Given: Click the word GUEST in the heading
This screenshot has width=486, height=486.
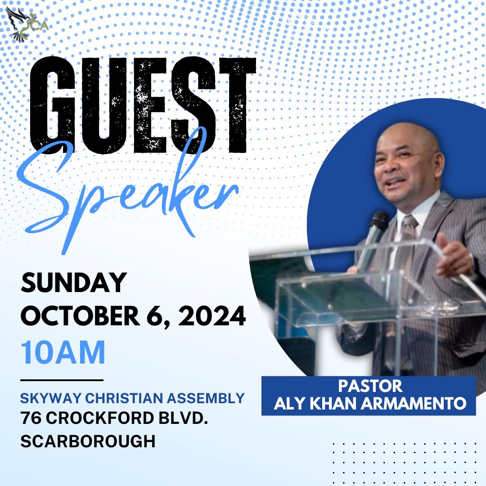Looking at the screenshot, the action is pyautogui.click(x=143, y=105).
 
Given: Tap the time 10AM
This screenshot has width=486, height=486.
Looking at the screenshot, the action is pyautogui.click(x=63, y=352).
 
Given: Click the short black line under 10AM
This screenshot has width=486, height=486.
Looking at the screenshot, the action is pyautogui.click(x=62, y=380).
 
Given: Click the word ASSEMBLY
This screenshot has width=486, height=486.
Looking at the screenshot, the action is pyautogui.click(x=206, y=398).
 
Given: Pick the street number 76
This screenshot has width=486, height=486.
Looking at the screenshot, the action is pyautogui.click(x=31, y=418).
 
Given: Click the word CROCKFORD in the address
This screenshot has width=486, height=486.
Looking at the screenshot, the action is pyautogui.click(x=100, y=418).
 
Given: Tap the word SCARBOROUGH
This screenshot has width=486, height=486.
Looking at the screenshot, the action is pyautogui.click(x=88, y=441).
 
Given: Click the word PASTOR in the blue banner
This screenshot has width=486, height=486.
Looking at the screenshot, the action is pyautogui.click(x=370, y=386).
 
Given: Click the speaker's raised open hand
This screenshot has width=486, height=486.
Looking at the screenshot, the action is pyautogui.click(x=453, y=255).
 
